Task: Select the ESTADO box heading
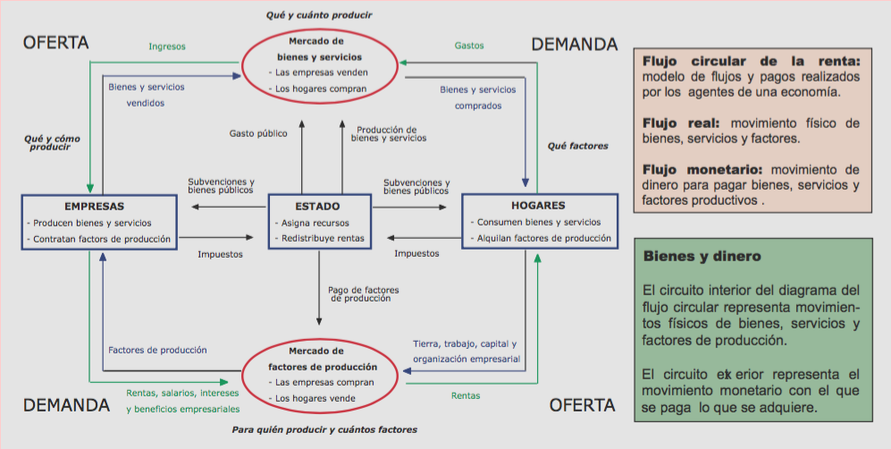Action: point(317,207)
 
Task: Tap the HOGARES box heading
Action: point(539,206)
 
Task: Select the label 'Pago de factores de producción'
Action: point(363,294)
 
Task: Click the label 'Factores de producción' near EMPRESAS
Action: point(156,350)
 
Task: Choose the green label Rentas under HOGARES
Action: point(466,395)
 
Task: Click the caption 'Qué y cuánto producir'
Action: point(319,15)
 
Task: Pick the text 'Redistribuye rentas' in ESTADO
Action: point(324,238)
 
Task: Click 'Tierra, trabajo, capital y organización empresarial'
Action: point(464,352)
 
